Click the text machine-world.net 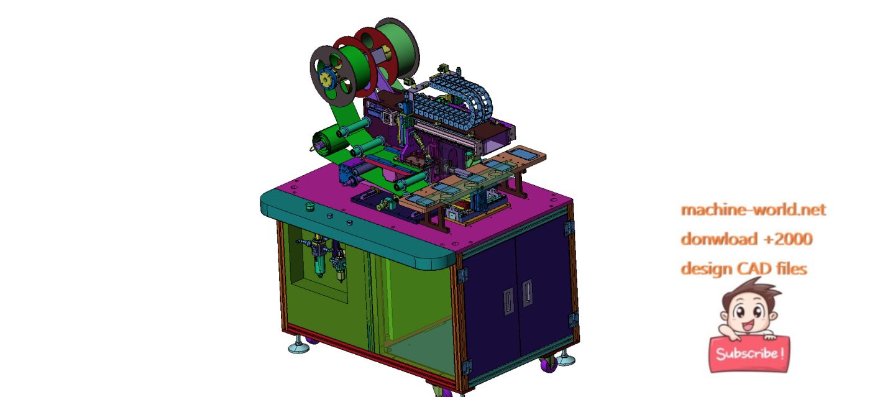753,209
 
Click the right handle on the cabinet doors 527,292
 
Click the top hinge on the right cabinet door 569,228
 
